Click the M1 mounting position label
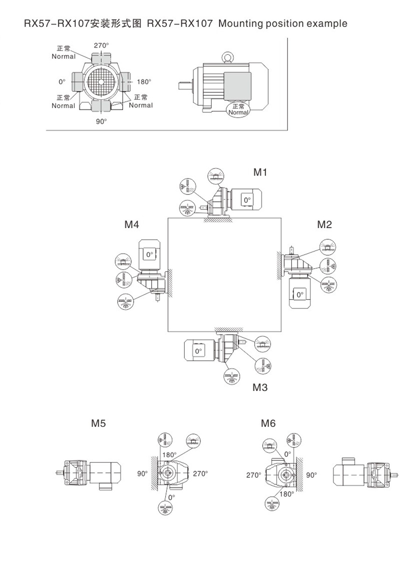pos(260,172)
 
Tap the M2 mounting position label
pos(324,224)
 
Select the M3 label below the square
pos(260,387)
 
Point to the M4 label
pos(132,224)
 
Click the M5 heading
pos(98,424)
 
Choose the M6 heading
pos(268,424)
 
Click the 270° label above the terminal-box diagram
pos(101,46)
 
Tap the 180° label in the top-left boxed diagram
pos(144,82)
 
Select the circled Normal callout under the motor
pos(238,110)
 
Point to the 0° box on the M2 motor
pos(299,294)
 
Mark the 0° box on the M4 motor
pos(149,254)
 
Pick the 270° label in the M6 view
pos(254,475)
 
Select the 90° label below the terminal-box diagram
pos(101,121)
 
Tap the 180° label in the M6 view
pos(287,494)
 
